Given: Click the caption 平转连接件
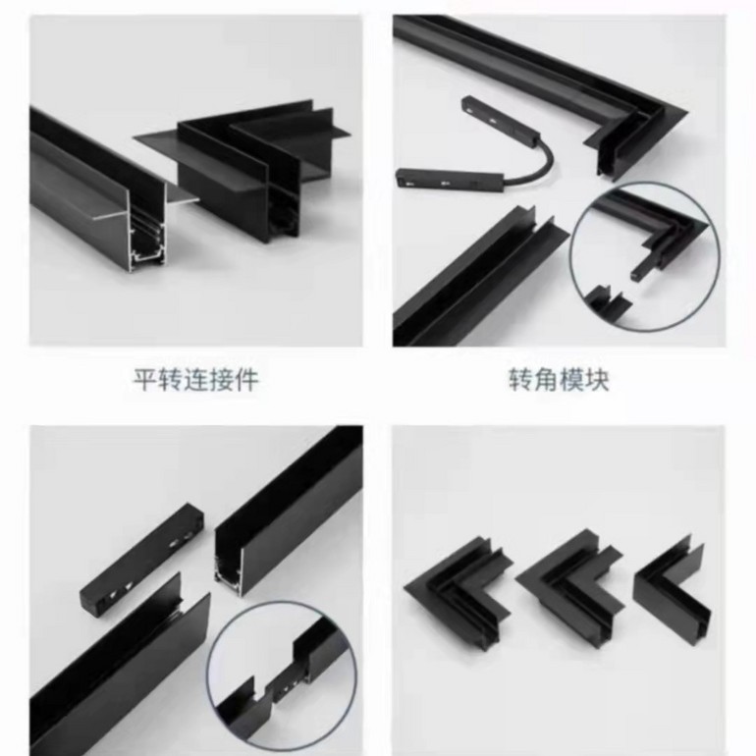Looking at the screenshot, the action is coord(195,380).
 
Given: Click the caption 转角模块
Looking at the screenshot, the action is coord(559,380).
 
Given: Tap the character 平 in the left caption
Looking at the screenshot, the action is coord(145,380).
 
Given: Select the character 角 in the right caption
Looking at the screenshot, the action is coord(546,380).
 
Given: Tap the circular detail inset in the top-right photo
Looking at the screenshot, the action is coord(645,256).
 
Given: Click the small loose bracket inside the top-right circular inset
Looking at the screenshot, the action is coord(611,301).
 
